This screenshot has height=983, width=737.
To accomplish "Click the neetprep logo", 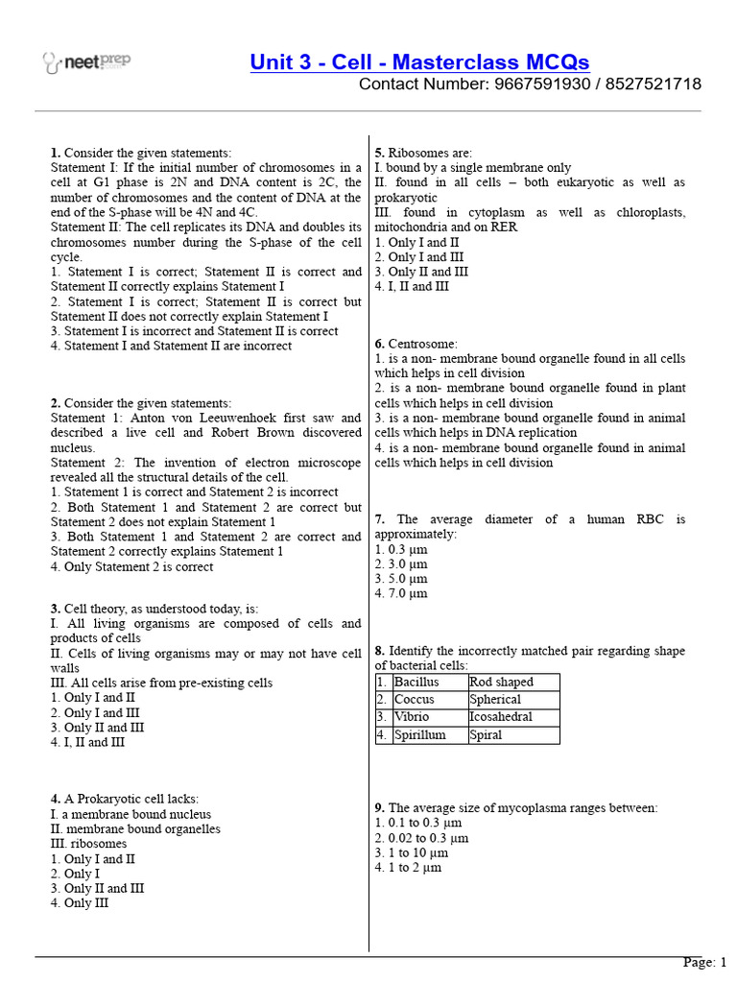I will [x=87, y=63].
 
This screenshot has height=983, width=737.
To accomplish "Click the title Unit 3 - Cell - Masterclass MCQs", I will [x=419, y=62].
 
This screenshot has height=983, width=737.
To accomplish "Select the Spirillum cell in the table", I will [x=419, y=735].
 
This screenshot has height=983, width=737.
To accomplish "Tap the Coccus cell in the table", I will [x=415, y=700].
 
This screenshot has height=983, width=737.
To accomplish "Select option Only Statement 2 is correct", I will [x=131, y=566].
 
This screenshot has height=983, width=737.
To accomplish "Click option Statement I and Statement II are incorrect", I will [x=171, y=346].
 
